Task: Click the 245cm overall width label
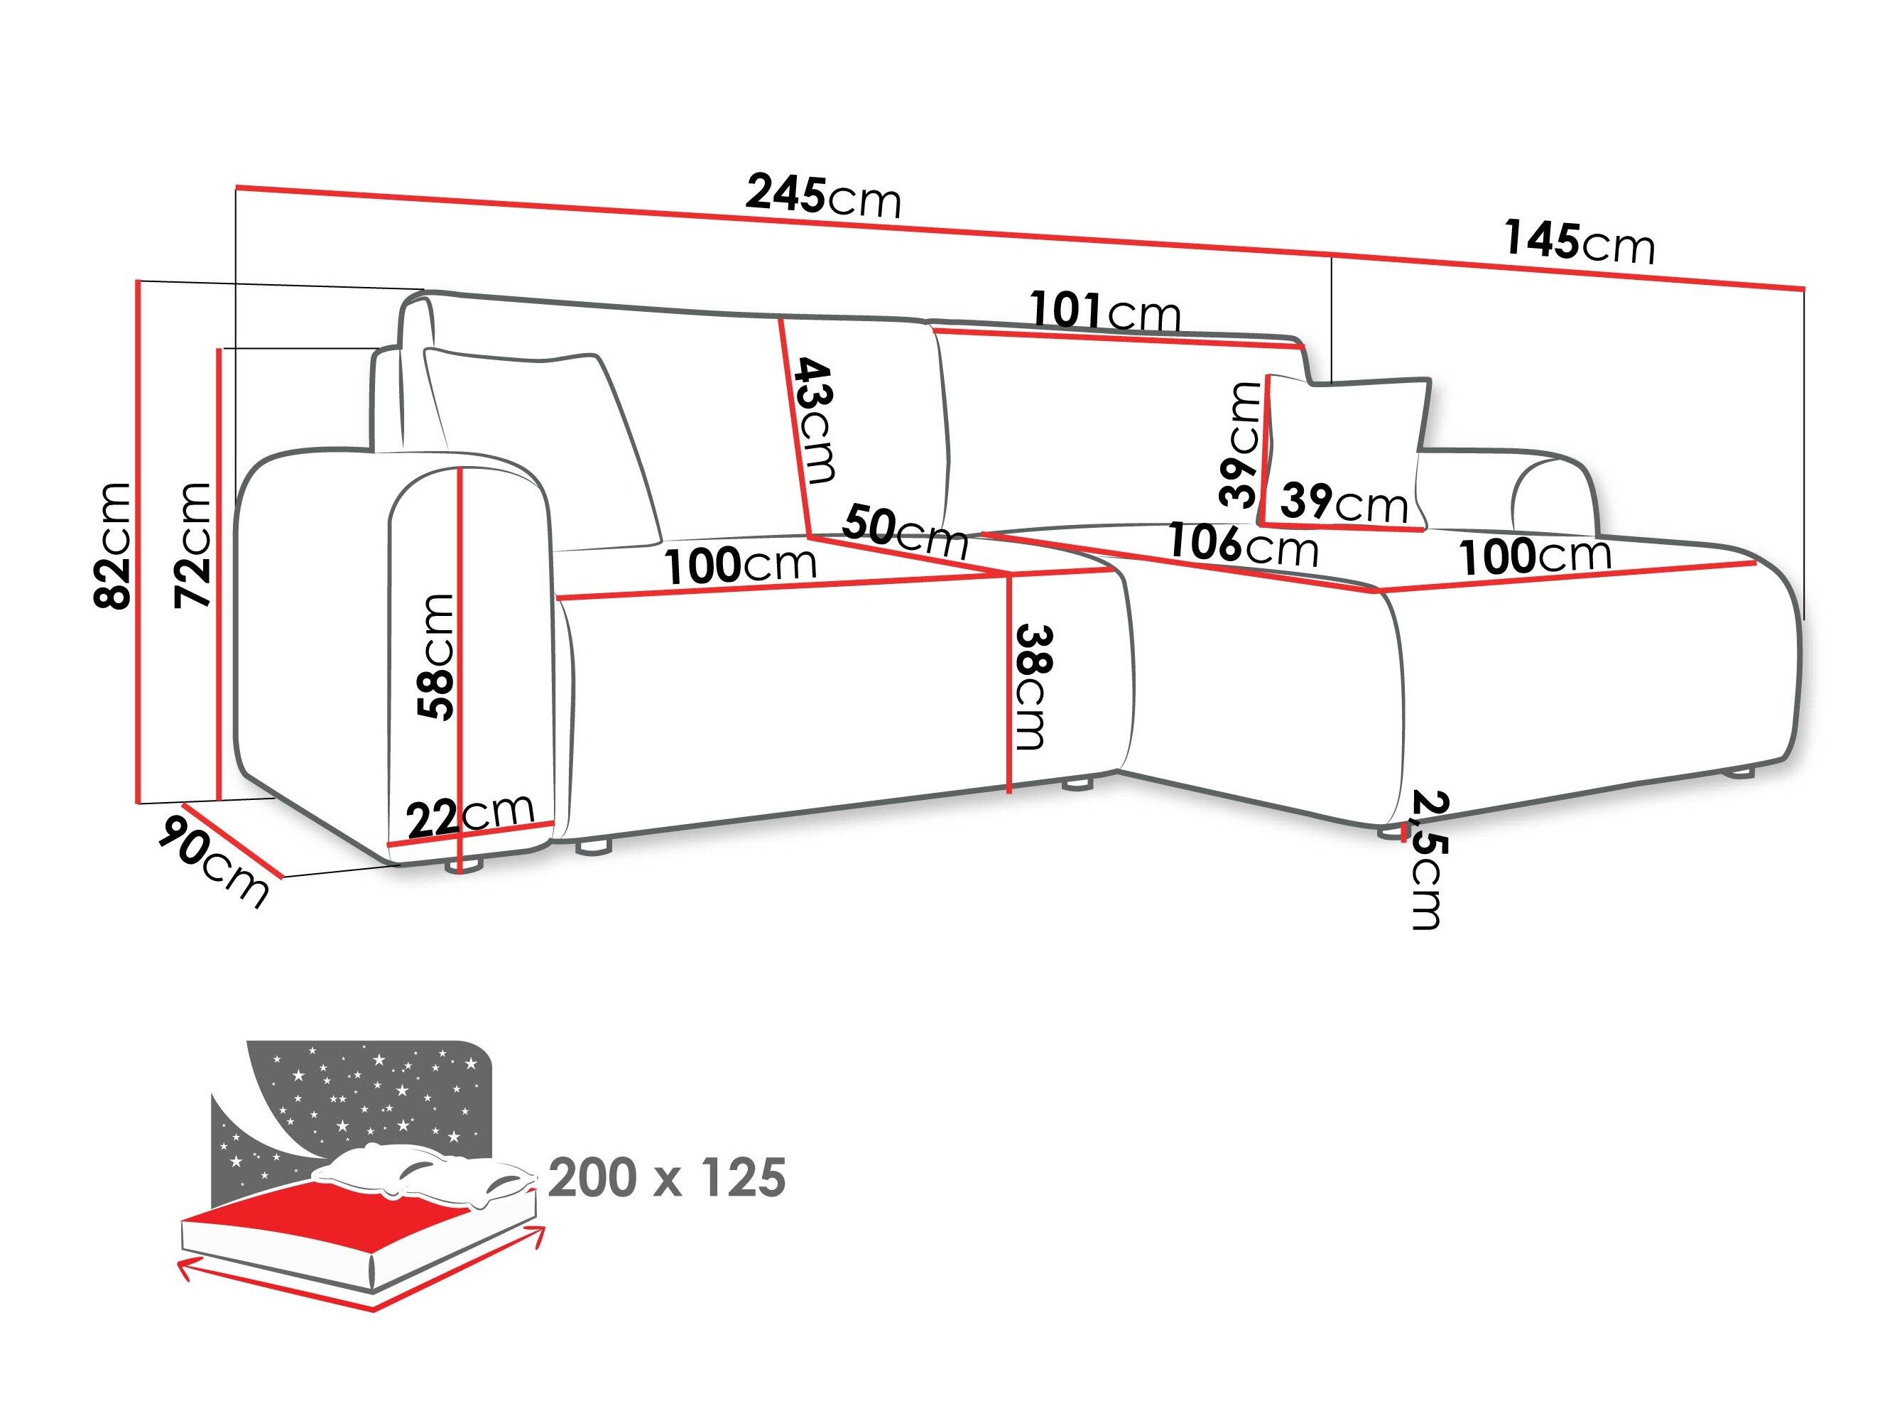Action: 822,195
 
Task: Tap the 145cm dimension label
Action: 1578,242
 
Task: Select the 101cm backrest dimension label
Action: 1104,311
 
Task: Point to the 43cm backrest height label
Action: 814,421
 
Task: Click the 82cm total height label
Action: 112,546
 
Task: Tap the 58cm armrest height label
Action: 435,656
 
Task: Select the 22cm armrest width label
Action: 469,815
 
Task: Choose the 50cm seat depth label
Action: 905,532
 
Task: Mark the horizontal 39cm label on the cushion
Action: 1343,504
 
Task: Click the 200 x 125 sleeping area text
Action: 666,1178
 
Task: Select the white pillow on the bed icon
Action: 420,1174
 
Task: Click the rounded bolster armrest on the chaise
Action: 1553,497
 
